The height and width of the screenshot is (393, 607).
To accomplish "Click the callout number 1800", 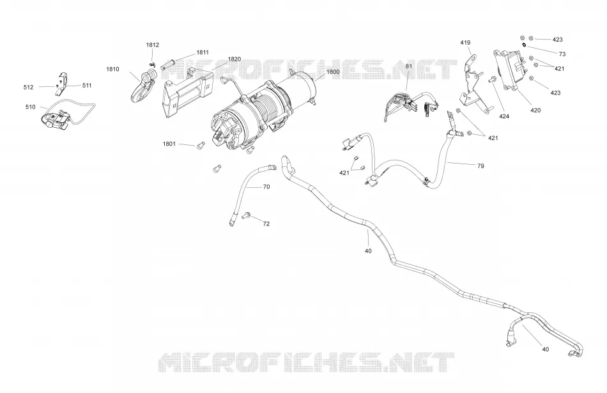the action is tap(333, 72).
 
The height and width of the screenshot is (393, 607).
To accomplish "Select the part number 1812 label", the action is tap(153, 45).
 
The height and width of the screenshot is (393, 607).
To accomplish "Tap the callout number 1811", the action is tap(203, 52).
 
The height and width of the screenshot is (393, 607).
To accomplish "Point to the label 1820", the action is tap(234, 59).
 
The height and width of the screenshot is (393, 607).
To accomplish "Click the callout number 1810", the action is tap(112, 69).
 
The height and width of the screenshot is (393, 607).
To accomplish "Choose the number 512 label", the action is tap(28, 87).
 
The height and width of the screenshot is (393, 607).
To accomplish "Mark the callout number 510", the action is tap(30, 107).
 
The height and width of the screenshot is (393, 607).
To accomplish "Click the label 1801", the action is tap(169, 144).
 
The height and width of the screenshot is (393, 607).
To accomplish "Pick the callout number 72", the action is tap(266, 224).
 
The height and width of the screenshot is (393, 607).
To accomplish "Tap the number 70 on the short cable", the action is tap(266, 187).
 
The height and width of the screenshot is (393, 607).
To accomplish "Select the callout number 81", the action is tap(409, 66).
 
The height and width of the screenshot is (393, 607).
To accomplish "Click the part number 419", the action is tap(465, 43).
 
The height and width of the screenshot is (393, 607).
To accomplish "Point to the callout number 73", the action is tap(562, 54).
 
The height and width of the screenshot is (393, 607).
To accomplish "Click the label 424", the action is tap(504, 116).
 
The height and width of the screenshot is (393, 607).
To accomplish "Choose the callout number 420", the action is tap(535, 111).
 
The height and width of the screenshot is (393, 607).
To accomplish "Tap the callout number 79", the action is tap(480, 166).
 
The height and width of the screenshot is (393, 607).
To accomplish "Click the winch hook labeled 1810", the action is tap(140, 87).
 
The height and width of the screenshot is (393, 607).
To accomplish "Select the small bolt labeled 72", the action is tap(246, 215).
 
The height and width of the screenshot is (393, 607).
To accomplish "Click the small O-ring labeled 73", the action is tap(524, 45).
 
